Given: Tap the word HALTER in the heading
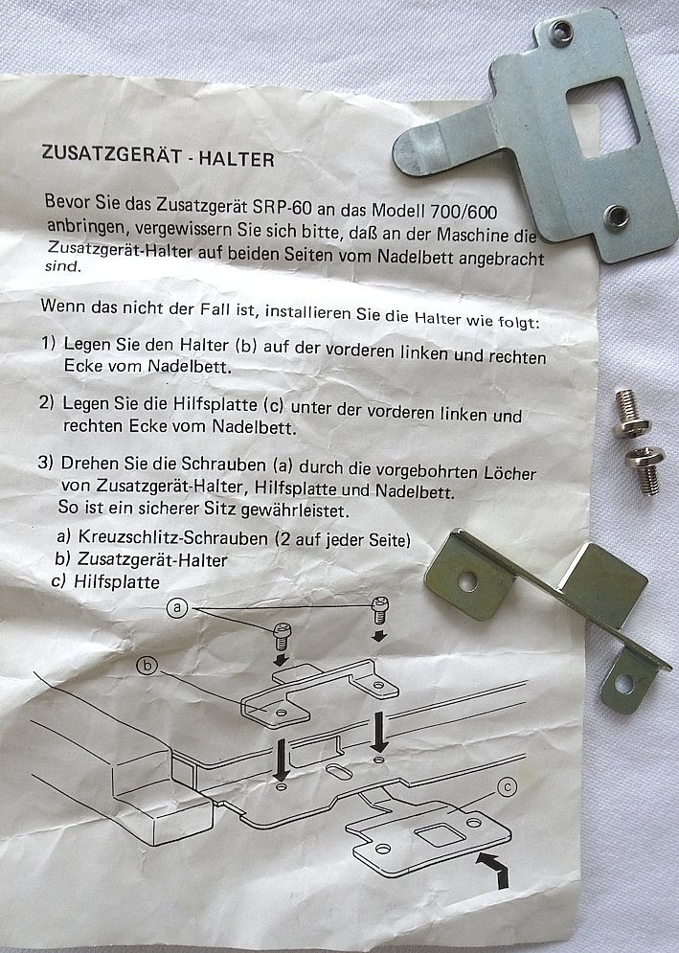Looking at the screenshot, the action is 237,159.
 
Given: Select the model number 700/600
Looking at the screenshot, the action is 464,212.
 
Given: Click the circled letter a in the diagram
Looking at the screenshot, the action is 177,607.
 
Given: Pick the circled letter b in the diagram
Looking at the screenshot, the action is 147,666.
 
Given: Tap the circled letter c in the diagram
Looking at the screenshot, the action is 507,787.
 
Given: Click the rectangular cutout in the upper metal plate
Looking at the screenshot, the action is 603,117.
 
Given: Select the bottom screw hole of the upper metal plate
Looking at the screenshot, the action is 617,216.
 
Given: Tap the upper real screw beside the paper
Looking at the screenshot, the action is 629,415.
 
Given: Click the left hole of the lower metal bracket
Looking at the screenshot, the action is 467,581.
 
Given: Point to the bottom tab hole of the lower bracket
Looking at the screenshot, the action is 623,685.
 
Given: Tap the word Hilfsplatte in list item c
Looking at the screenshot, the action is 117,581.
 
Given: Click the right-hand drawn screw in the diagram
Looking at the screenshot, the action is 380,611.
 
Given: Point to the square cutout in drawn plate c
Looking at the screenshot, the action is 434,835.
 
